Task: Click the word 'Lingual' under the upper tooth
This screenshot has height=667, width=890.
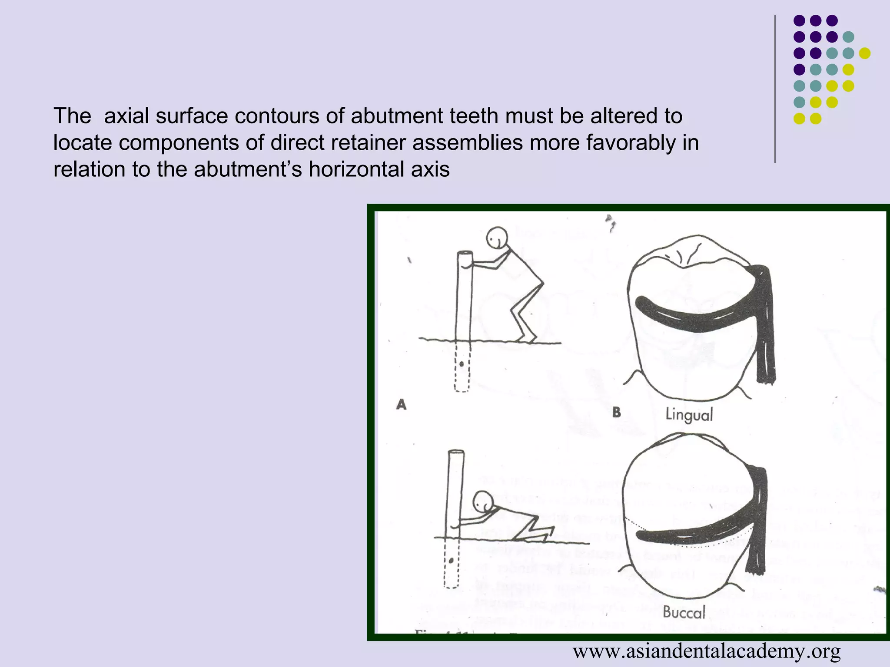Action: (x=689, y=414)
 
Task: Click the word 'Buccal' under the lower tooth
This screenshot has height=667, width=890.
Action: (x=684, y=612)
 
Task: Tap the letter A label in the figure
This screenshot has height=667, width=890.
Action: (x=401, y=405)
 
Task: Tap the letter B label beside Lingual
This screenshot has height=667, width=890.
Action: (x=616, y=412)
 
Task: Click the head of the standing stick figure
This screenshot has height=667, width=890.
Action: (x=497, y=238)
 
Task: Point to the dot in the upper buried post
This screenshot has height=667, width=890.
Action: (x=462, y=364)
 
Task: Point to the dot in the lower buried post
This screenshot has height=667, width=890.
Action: (x=452, y=561)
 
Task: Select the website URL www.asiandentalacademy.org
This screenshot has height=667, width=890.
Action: (x=707, y=651)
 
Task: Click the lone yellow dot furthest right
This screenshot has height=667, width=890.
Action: (x=865, y=53)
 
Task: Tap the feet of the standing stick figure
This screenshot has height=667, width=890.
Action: (x=528, y=338)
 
